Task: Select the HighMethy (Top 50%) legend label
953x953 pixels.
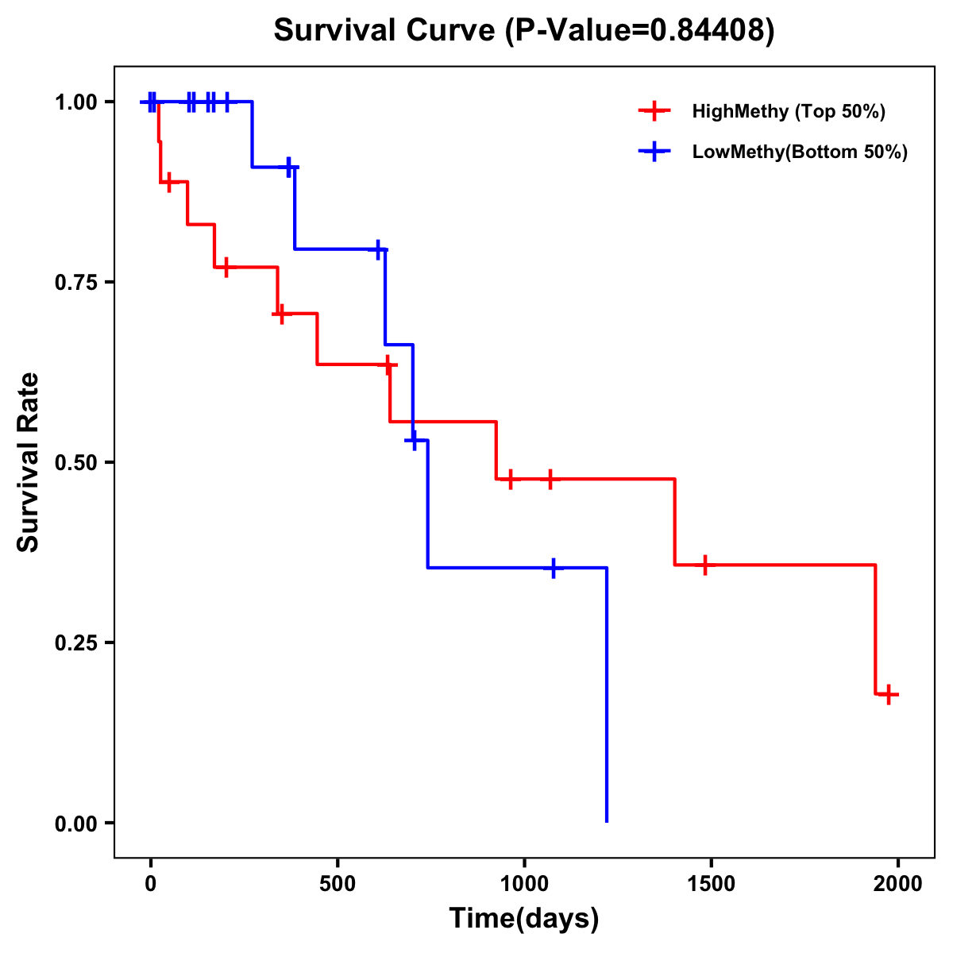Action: [x=789, y=111]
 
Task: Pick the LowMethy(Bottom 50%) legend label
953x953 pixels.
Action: [x=800, y=152]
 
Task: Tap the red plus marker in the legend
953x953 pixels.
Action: [x=654, y=111]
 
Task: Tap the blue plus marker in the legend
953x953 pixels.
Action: [x=654, y=152]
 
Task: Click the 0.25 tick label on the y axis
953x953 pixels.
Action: [x=76, y=642]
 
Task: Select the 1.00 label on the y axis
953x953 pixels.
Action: [x=76, y=102]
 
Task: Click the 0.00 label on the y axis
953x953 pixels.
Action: [x=76, y=823]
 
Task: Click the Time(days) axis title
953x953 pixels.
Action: [x=524, y=919]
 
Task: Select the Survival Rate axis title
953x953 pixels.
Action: [x=29, y=462]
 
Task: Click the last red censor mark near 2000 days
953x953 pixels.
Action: [x=889, y=694]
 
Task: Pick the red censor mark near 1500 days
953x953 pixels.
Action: [x=704, y=565]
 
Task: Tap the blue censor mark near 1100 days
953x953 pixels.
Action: [x=554, y=568]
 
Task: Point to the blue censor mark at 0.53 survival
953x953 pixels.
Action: [x=413, y=439]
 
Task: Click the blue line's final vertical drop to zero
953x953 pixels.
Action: [x=607, y=699]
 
